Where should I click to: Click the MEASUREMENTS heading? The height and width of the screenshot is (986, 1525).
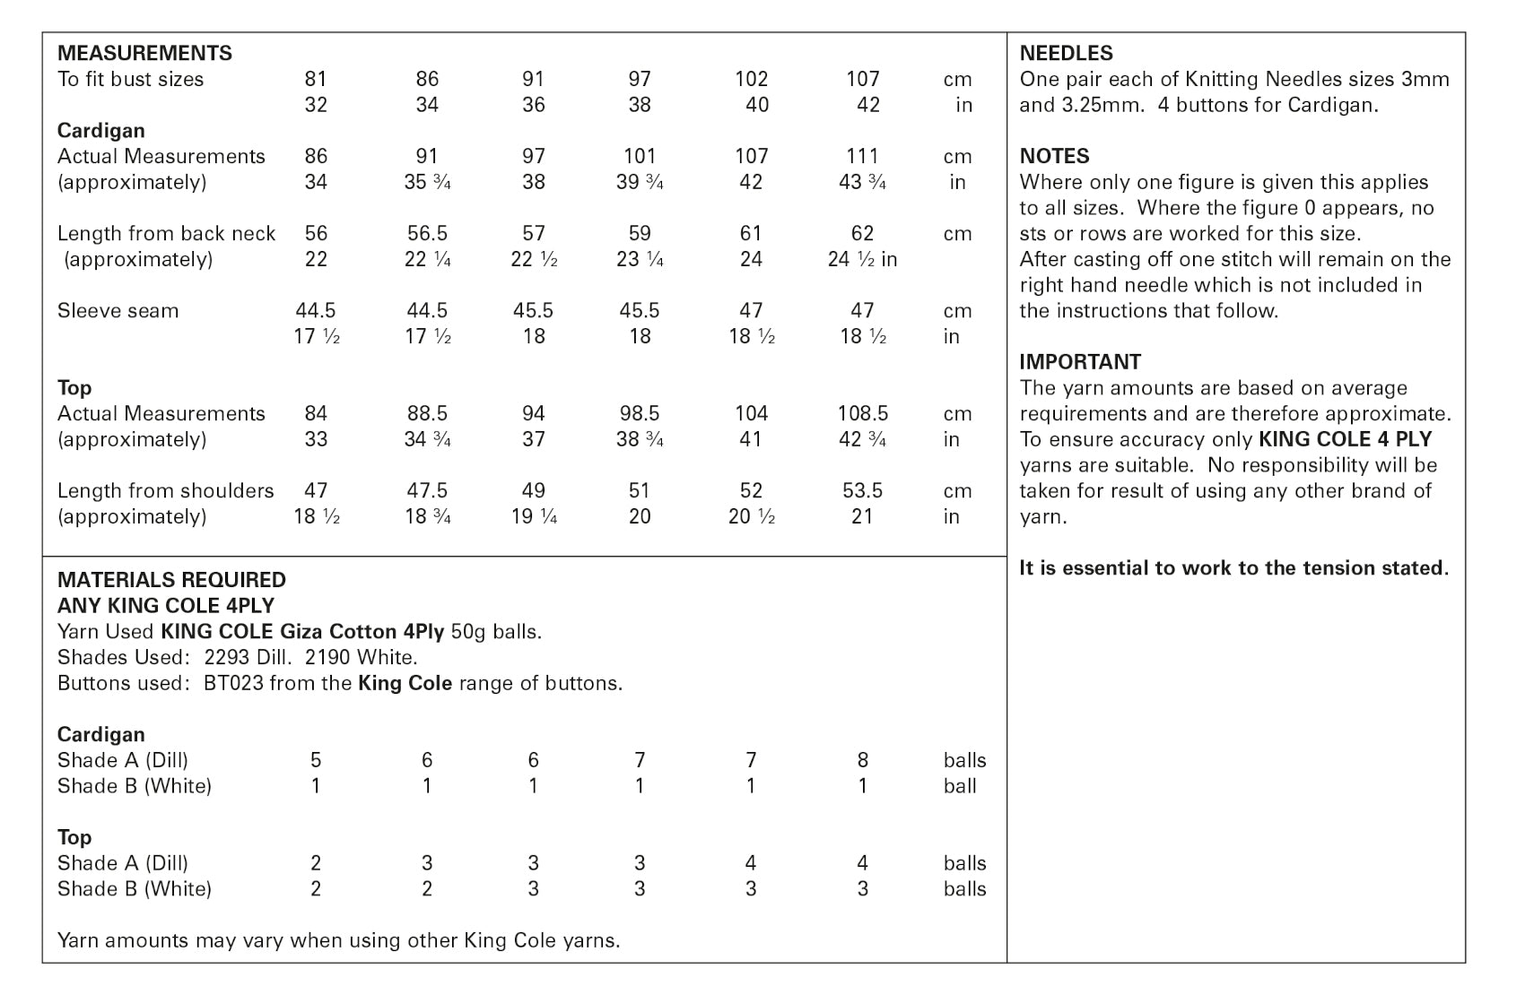(x=144, y=53)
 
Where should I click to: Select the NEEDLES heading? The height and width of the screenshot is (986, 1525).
(x=1066, y=53)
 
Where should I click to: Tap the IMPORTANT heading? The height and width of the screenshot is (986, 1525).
(x=1080, y=362)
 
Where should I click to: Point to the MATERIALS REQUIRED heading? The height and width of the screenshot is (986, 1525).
(x=171, y=580)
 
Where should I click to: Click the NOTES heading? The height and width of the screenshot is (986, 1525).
(x=1054, y=156)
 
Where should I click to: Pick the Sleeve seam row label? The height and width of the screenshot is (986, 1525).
(x=118, y=311)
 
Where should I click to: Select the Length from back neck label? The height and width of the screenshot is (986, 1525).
(x=166, y=234)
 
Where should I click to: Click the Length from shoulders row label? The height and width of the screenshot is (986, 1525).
(x=165, y=491)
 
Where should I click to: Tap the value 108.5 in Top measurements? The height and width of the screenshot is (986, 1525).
(x=862, y=414)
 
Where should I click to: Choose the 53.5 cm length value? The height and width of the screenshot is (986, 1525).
(x=862, y=491)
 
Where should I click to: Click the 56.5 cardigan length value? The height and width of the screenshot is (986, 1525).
(x=427, y=234)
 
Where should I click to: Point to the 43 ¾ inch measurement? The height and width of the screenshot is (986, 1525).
(x=862, y=183)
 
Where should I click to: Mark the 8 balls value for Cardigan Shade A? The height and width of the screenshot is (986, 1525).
(x=862, y=761)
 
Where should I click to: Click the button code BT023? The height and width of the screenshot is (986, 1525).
(x=234, y=684)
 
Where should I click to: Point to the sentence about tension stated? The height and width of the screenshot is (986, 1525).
(x=1233, y=568)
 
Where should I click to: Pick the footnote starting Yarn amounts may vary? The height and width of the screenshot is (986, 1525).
(x=338, y=941)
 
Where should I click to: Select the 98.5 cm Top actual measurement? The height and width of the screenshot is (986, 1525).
(x=640, y=414)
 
